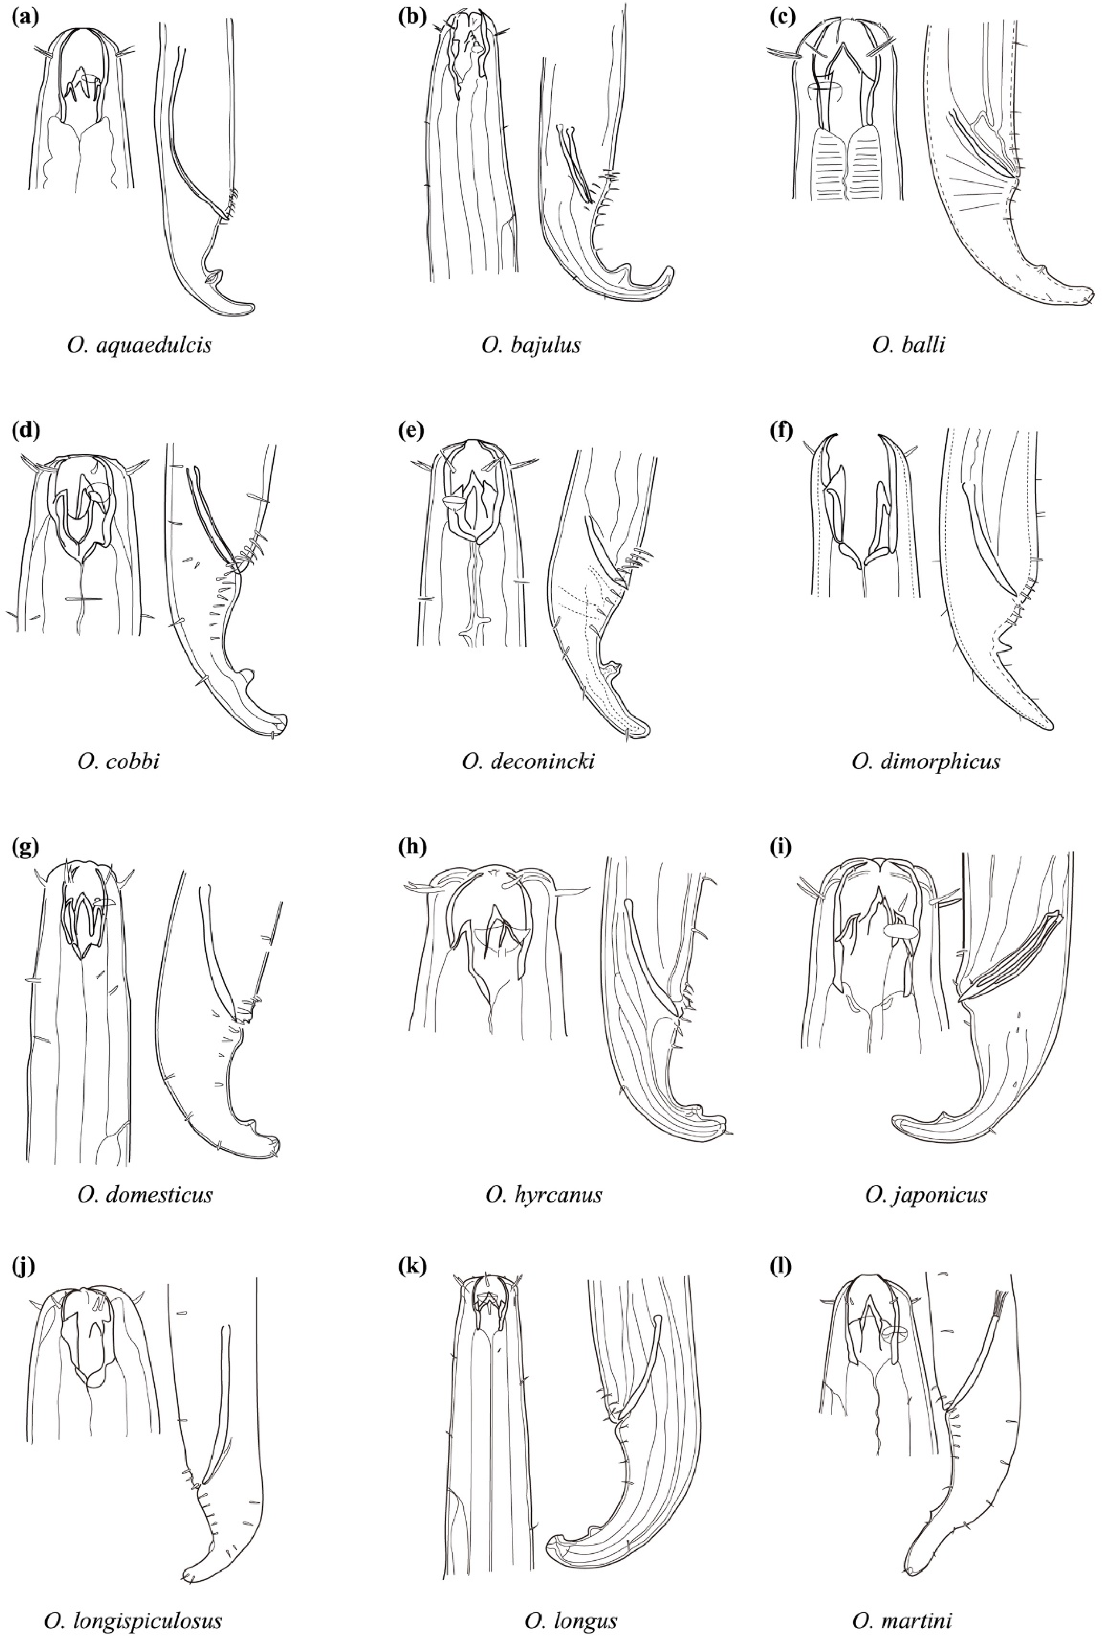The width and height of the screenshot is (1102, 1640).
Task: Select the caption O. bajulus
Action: [531, 345]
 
